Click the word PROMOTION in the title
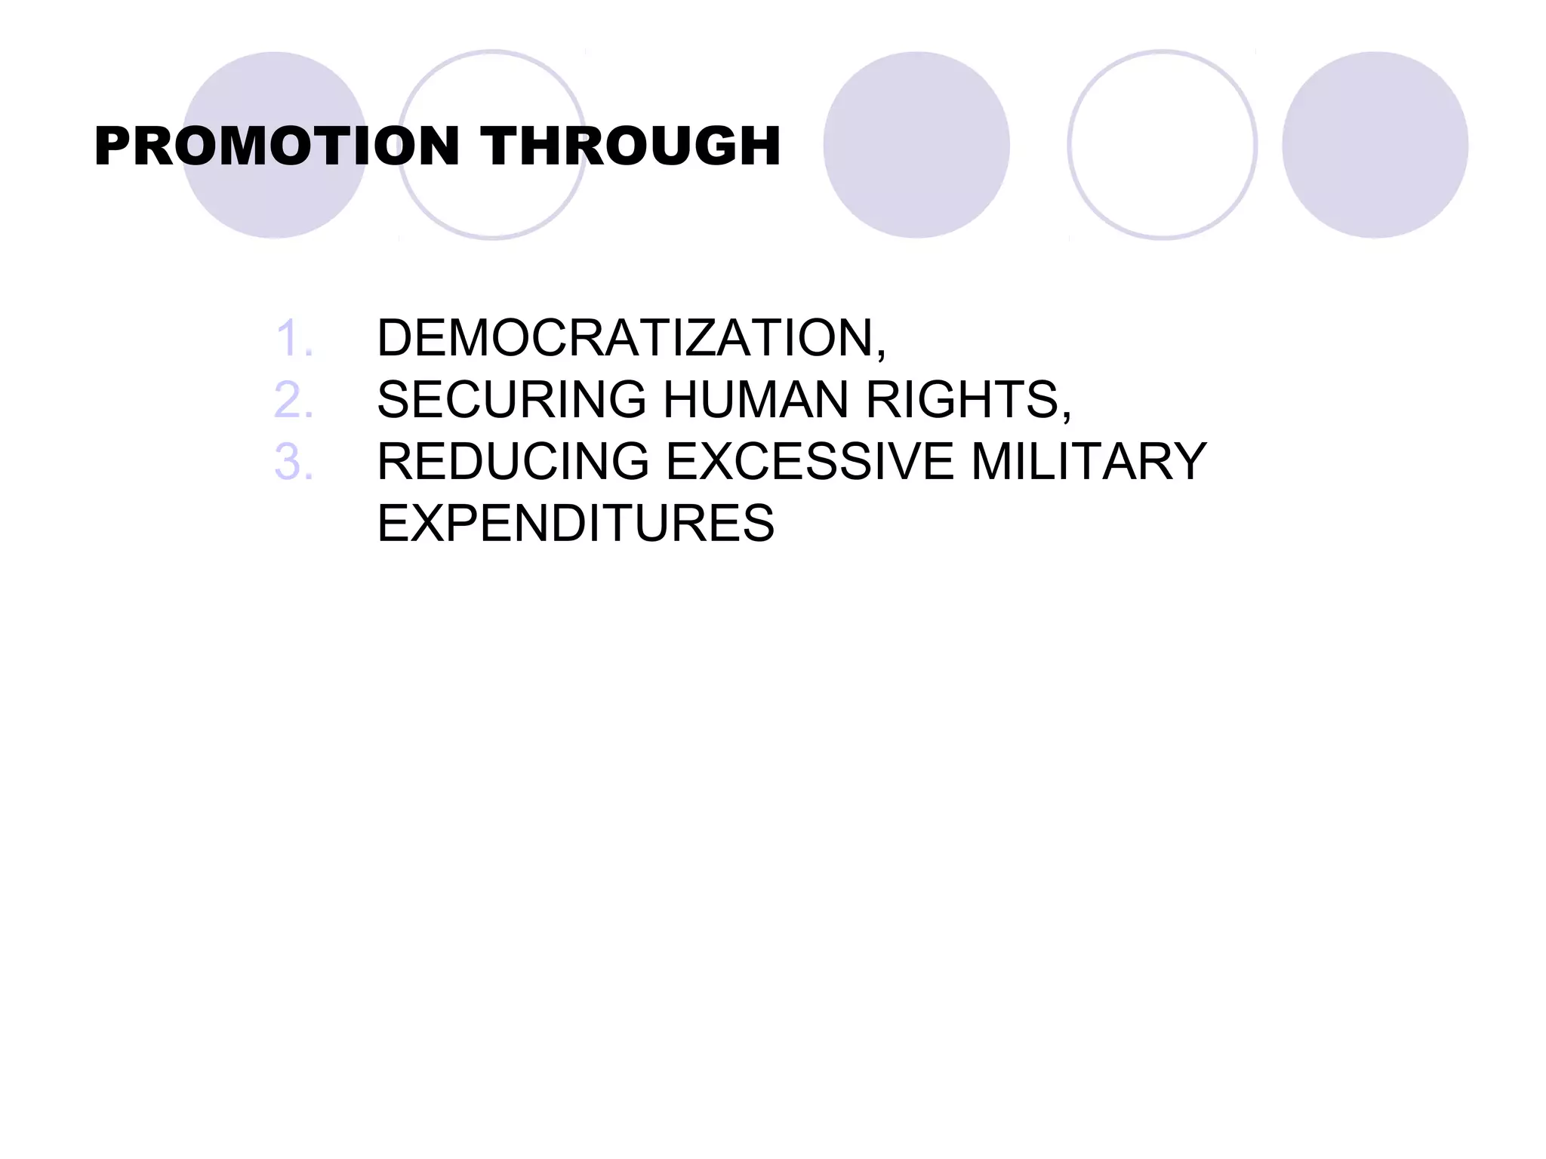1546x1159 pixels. click(277, 146)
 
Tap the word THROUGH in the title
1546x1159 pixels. click(630, 146)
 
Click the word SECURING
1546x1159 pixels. click(512, 399)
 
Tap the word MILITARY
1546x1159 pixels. click(1089, 461)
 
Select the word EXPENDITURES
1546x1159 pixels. click(576, 523)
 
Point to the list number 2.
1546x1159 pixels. click(293, 399)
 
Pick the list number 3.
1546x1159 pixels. click(293, 461)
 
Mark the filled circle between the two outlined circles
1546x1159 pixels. click(916, 145)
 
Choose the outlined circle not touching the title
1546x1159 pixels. click(1163, 145)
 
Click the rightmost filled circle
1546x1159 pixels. click(1375, 145)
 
